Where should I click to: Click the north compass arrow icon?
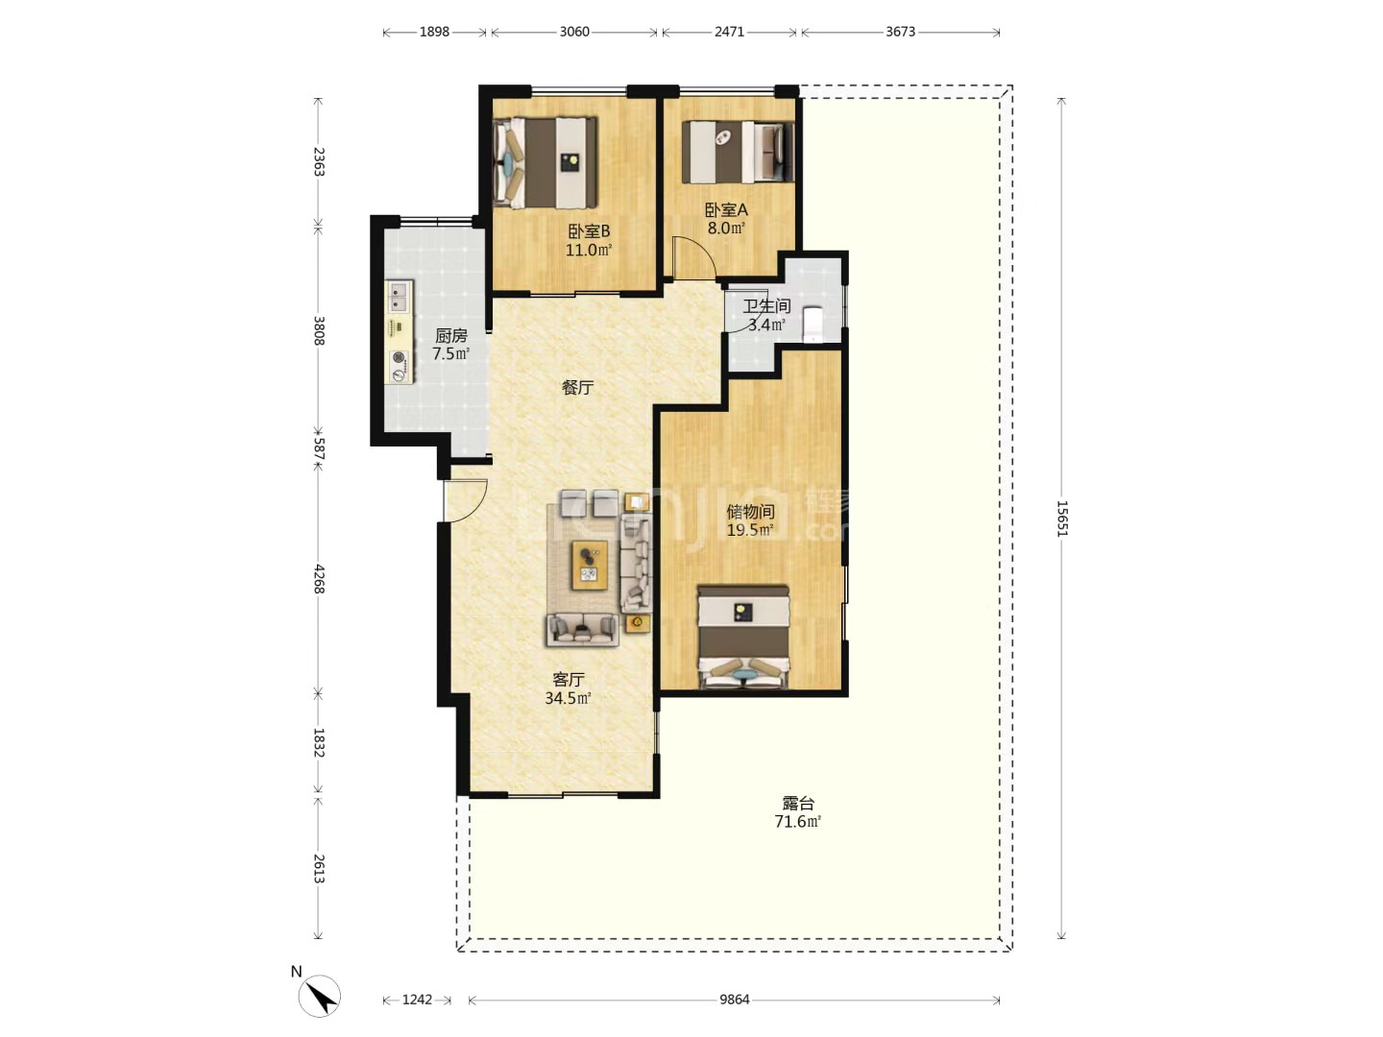coord(320,996)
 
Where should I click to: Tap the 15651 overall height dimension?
coord(1061,518)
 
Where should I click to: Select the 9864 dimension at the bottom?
coord(735,1000)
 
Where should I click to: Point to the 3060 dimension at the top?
coord(574,32)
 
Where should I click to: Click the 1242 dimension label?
coord(417,1000)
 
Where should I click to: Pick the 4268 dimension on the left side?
coord(319,579)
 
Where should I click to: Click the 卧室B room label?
coord(589,230)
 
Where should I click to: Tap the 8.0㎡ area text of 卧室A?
coord(726,228)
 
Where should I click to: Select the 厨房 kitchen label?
coord(451,336)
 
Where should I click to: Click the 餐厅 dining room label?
coord(577,387)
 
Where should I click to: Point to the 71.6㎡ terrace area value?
coord(798,821)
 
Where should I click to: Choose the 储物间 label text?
coord(750,511)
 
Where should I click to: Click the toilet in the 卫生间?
coord(813,325)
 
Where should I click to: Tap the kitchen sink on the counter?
coord(400,297)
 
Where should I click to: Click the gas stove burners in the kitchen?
coord(400,366)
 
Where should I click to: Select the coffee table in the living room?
coord(590,565)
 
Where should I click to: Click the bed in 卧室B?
coord(545,162)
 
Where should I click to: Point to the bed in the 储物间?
coord(743,638)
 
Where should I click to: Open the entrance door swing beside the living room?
coord(466,500)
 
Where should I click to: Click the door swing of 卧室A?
coord(694,257)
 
